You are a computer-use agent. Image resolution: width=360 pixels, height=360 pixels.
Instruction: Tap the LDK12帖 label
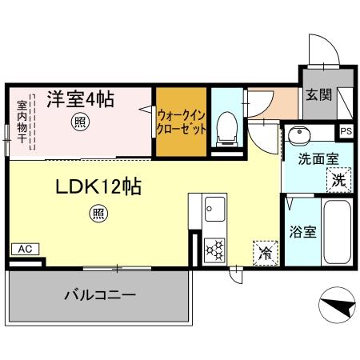98,188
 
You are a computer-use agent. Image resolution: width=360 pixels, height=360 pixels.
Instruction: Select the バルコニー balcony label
100,294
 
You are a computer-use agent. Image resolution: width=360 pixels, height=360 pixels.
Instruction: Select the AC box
25,249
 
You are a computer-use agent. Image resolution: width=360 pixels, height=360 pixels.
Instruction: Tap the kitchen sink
214,210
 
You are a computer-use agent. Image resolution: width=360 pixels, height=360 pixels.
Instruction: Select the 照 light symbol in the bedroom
79,122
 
